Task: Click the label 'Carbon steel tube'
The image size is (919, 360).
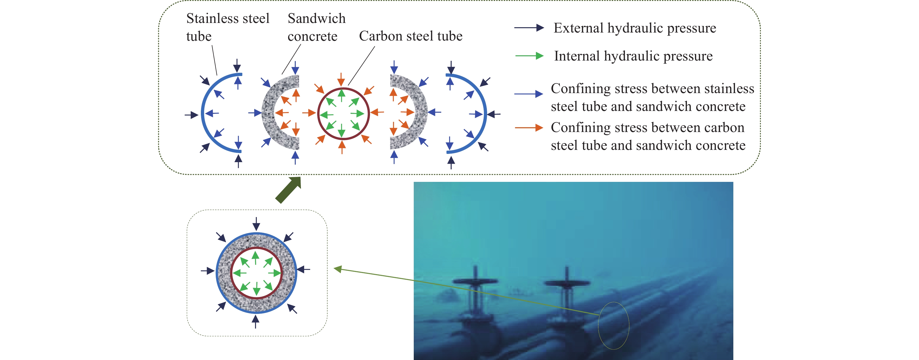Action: [410, 36]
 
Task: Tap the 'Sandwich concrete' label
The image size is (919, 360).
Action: [316, 27]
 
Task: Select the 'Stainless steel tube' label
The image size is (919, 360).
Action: [227, 27]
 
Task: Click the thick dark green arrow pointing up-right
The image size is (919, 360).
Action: [288, 190]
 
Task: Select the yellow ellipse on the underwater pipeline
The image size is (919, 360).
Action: [614, 325]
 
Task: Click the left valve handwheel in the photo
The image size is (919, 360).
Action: [475, 281]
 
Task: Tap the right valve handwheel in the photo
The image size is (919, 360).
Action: [567, 283]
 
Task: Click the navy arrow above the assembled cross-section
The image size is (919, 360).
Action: [256, 224]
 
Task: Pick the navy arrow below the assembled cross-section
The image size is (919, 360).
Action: [256, 321]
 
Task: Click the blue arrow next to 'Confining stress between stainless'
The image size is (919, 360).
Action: [529, 94]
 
